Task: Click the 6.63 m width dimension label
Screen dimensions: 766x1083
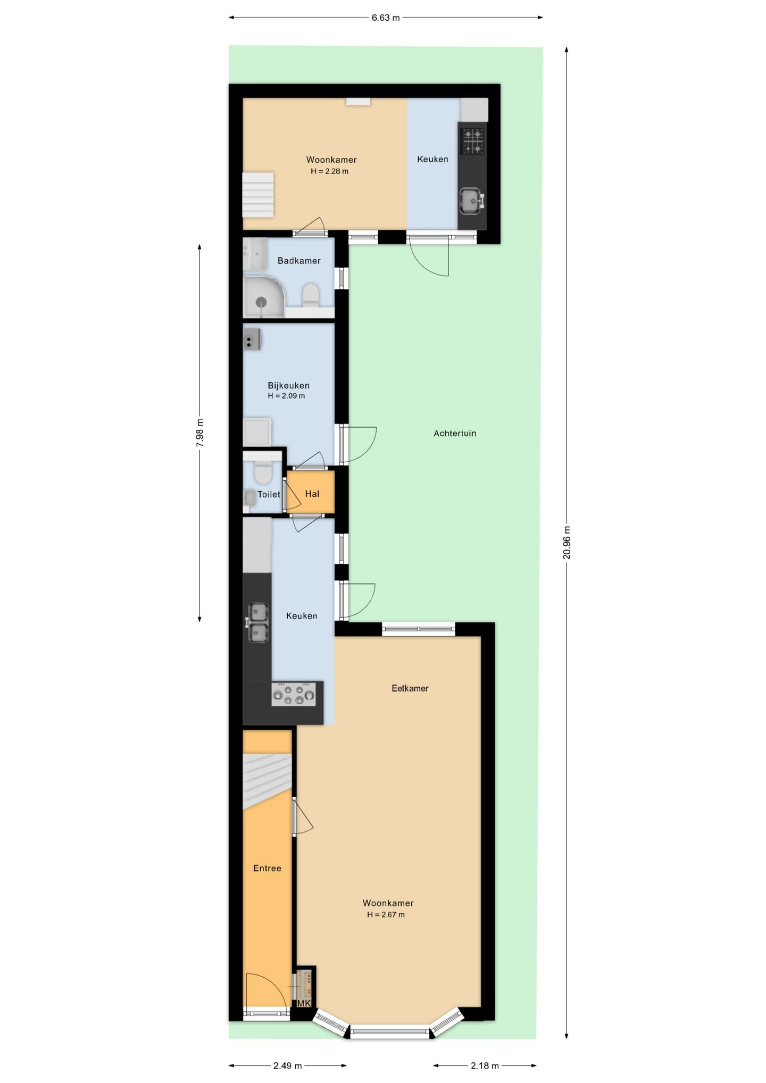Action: click(386, 18)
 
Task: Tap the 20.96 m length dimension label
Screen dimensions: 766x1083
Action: click(567, 542)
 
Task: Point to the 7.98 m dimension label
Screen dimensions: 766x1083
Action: click(200, 432)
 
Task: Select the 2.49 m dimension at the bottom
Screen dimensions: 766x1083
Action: click(287, 1065)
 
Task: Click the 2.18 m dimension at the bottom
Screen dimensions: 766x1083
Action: click(485, 1065)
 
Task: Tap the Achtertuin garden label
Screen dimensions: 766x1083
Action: click(455, 434)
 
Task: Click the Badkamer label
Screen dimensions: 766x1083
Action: click(299, 261)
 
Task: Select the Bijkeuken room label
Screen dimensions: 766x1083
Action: click(288, 386)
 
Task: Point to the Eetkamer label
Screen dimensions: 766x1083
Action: click(410, 688)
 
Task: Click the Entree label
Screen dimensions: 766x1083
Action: click(267, 868)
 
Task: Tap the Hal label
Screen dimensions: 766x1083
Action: click(312, 494)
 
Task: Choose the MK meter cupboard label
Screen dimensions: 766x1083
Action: click(304, 1004)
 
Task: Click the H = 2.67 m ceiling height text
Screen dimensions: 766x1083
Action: click(386, 915)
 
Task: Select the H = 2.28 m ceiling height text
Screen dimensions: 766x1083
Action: click(330, 171)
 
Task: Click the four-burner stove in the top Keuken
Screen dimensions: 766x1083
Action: click(472, 141)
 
